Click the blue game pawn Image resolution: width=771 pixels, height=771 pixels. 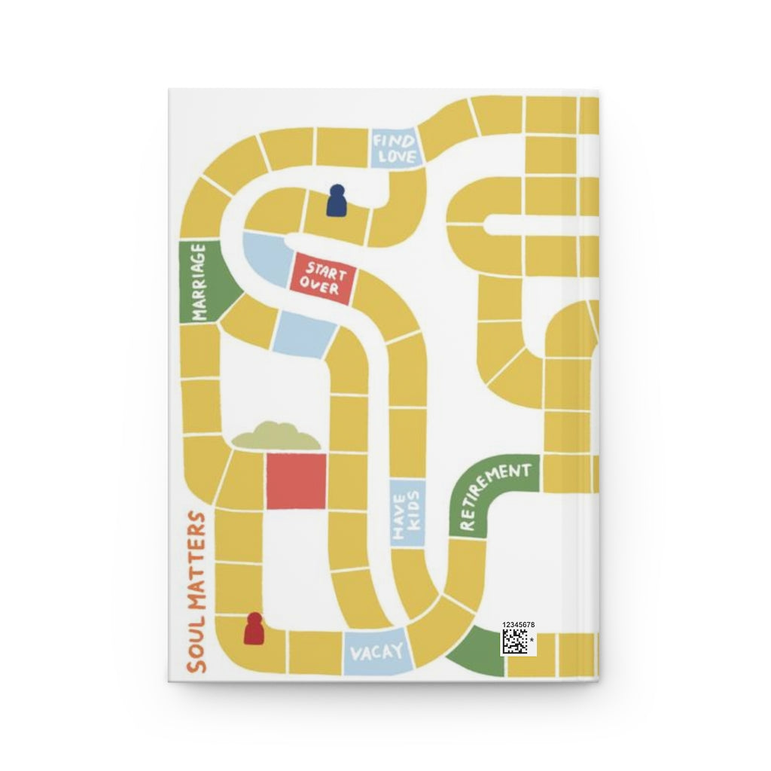pos(336,201)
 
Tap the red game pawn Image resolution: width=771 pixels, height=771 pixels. pos(254,628)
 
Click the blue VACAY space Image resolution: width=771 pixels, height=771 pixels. pos(379,652)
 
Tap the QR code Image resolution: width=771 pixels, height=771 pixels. pos(516,642)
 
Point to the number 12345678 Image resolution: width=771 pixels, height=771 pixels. pos(517,625)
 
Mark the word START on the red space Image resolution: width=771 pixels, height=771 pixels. pos(327,269)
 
